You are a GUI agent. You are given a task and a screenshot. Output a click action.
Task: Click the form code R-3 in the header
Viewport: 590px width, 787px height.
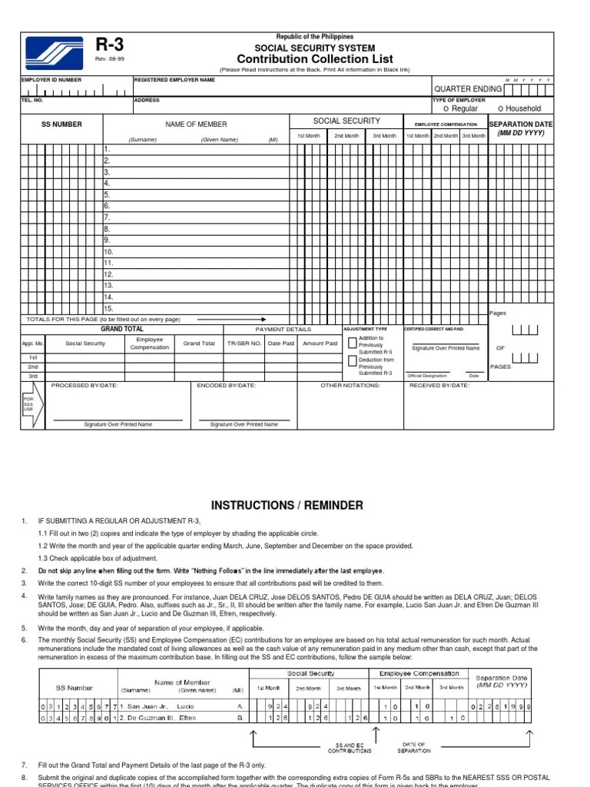coord(109,46)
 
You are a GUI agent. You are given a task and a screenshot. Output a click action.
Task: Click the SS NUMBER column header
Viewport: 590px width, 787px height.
coord(61,125)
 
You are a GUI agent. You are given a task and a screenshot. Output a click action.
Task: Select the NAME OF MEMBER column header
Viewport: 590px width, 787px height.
coord(196,125)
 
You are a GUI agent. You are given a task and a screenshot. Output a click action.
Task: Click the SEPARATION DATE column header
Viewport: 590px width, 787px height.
coord(521,124)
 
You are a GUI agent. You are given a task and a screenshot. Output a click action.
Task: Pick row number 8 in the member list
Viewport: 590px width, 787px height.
coord(108,229)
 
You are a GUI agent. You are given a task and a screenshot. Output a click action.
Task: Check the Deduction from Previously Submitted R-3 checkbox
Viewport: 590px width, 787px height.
coord(353,362)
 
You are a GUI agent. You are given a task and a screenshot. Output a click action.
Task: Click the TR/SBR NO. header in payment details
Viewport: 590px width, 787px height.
coord(244,344)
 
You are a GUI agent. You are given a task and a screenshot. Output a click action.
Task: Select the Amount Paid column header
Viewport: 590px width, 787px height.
coord(320,344)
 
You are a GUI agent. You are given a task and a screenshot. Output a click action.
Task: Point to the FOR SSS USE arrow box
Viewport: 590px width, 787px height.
coord(28,405)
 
